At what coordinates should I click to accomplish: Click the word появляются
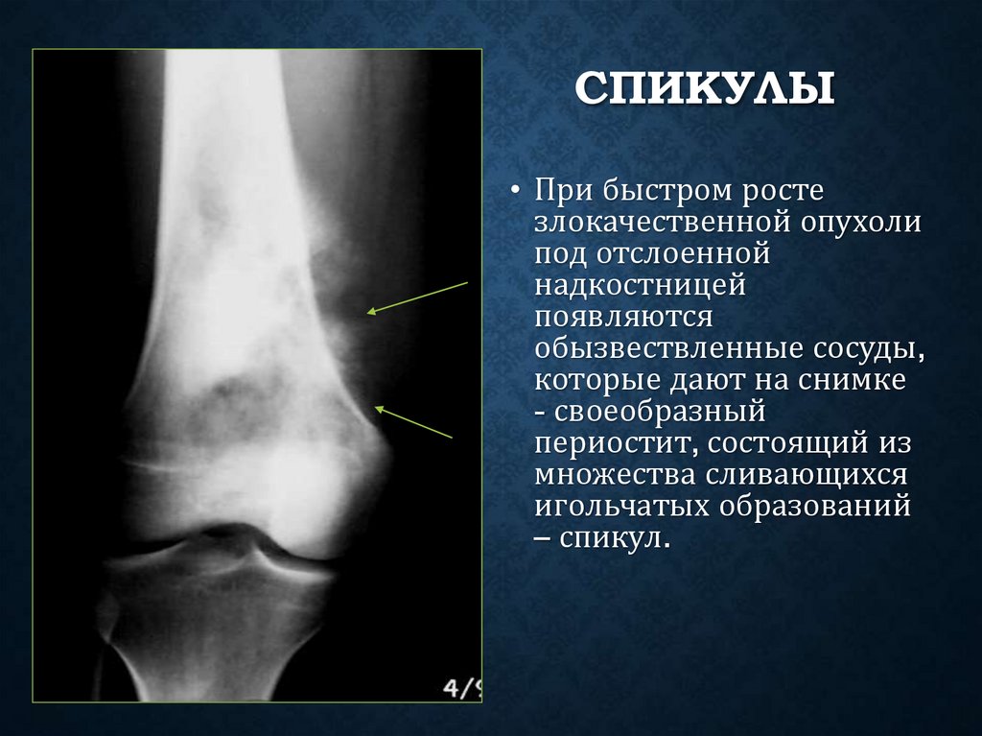(x=623, y=317)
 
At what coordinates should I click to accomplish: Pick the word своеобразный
(x=660, y=412)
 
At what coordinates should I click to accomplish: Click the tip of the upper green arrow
(x=368, y=312)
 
